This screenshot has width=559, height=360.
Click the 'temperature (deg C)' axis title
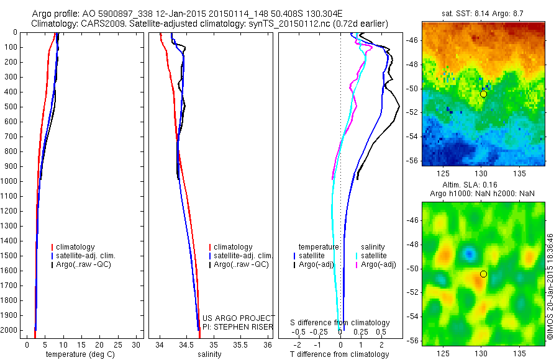pyautogui.click(x=78, y=354)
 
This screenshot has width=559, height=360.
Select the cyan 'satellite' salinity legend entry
pyautogui.click(x=374, y=256)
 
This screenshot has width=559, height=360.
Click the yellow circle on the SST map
pyautogui.click(x=483, y=94)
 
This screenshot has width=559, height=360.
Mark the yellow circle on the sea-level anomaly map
pyautogui.click(x=483, y=274)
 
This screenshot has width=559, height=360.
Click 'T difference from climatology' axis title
pyautogui.click(x=340, y=354)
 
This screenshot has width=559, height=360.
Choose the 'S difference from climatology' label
pyautogui.click(x=340, y=323)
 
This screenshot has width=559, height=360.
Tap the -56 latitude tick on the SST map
pyautogui.click(x=413, y=160)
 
